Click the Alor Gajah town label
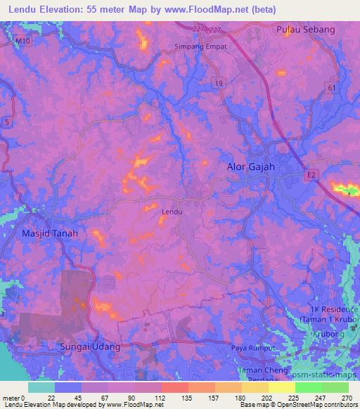[x=250, y=167]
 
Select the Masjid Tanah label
[x=50, y=233]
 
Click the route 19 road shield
[x=221, y=83]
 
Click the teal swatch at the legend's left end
[x=41, y=387]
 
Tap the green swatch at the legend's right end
[x=335, y=387]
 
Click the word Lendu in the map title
[x=25, y=10]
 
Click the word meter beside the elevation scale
[x=11, y=398]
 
